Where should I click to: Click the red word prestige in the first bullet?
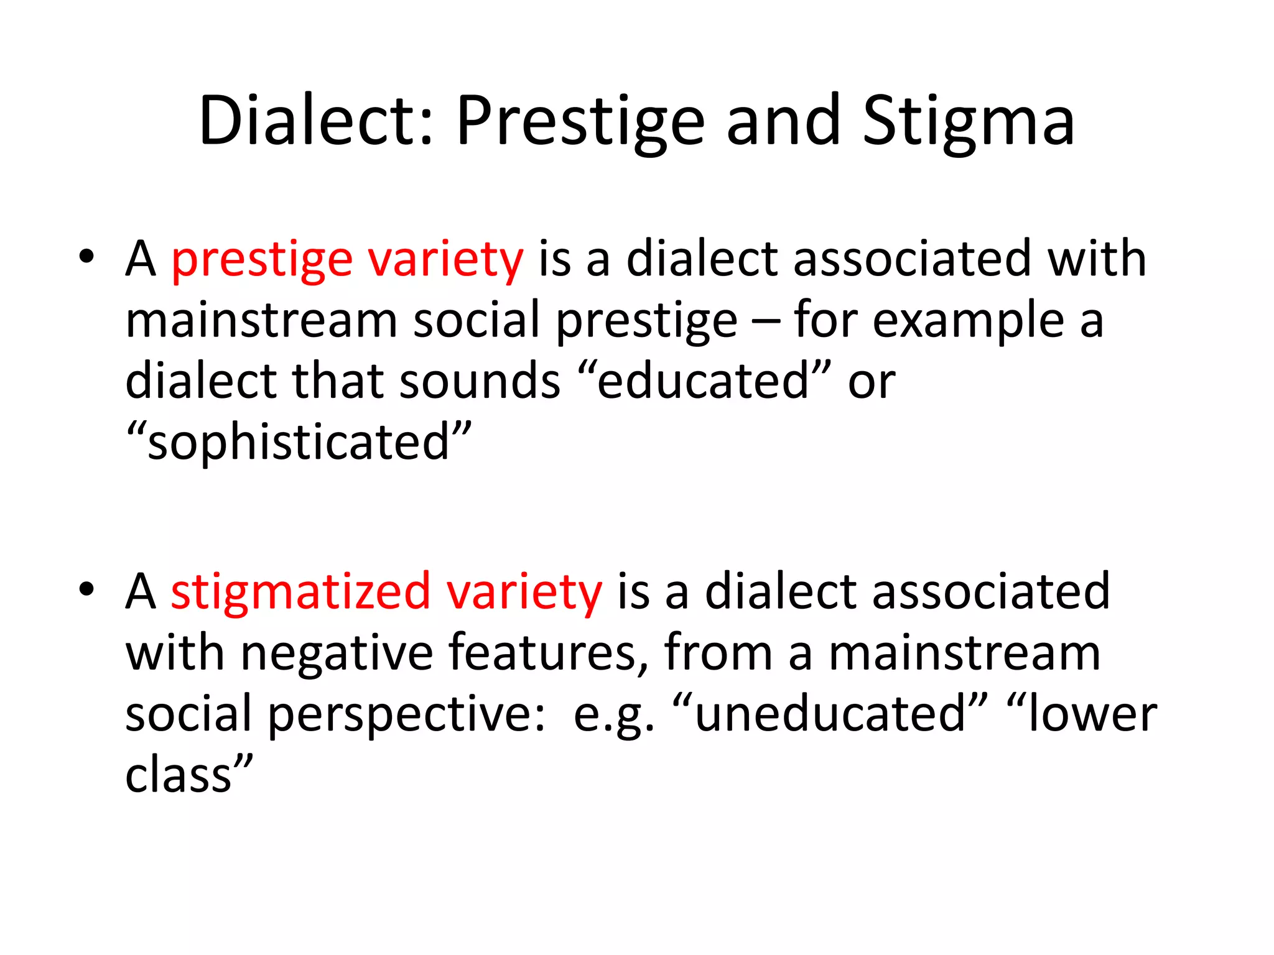pos(262,260)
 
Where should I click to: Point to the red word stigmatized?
pos(300,591)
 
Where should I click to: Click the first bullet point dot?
pos(86,256)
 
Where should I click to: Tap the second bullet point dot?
pos(86,588)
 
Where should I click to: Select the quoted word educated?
pos(703,381)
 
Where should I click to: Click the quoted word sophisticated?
pos(299,443)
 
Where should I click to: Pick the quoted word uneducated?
pos(830,714)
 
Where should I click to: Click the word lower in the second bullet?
pos(1092,714)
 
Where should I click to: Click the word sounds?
pos(480,381)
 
